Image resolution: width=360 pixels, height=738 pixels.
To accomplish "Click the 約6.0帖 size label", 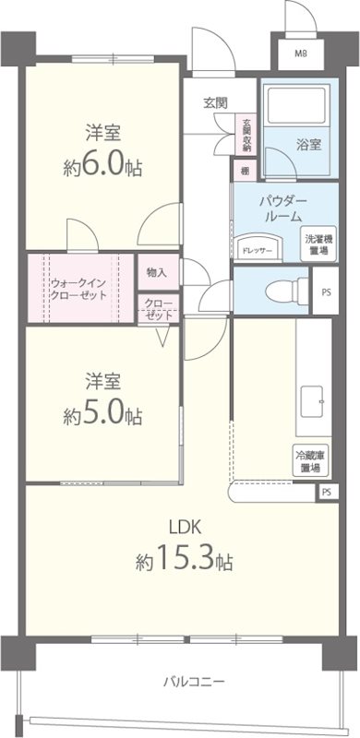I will tap(102, 168).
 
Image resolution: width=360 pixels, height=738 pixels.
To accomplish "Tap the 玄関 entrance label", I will tap(215, 102).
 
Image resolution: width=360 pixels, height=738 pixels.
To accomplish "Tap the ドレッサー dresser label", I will tap(256, 250).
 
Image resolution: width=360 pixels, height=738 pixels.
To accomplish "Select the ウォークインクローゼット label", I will tap(78, 288).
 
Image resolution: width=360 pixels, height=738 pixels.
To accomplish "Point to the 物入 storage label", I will tap(157, 272).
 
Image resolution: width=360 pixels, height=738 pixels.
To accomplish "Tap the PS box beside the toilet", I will tap(327, 292).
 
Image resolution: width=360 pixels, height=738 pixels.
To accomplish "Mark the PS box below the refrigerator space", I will tap(327, 493).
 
